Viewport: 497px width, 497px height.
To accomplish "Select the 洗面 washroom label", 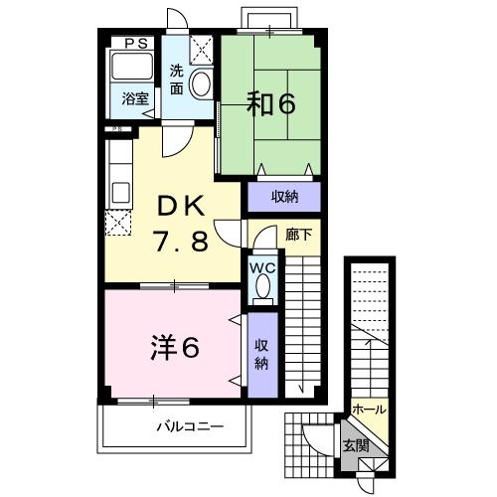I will [x=176, y=80].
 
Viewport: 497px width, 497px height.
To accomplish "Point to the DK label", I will [x=180, y=207].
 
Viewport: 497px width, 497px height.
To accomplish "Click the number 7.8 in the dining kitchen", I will [x=180, y=241].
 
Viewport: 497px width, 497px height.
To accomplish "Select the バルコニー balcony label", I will [x=189, y=426].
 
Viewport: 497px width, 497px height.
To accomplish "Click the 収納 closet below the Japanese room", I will [x=284, y=197].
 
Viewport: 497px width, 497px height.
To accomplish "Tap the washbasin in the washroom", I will [x=202, y=83].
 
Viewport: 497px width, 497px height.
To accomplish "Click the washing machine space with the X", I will [x=201, y=49].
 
